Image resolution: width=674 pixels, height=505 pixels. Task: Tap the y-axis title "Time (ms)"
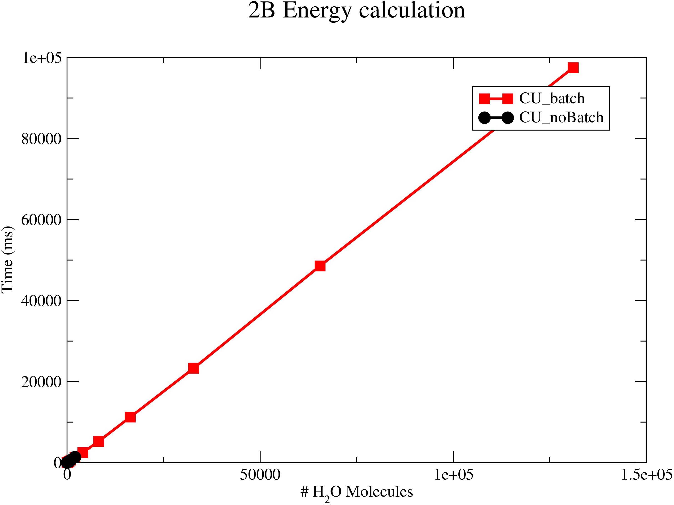[x=7, y=260]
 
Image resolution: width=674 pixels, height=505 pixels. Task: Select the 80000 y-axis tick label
[x=41, y=139]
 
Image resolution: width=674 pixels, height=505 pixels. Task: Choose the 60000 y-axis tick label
[x=41, y=220]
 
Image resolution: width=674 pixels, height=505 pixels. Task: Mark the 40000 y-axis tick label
[x=41, y=301]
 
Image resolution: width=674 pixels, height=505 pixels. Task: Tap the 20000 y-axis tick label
[x=41, y=382]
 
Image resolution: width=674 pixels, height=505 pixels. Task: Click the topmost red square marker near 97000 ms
[x=573, y=68]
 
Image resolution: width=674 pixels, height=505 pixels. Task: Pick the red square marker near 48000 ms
[x=320, y=266]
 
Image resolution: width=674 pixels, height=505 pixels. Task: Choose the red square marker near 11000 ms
[x=130, y=417]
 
